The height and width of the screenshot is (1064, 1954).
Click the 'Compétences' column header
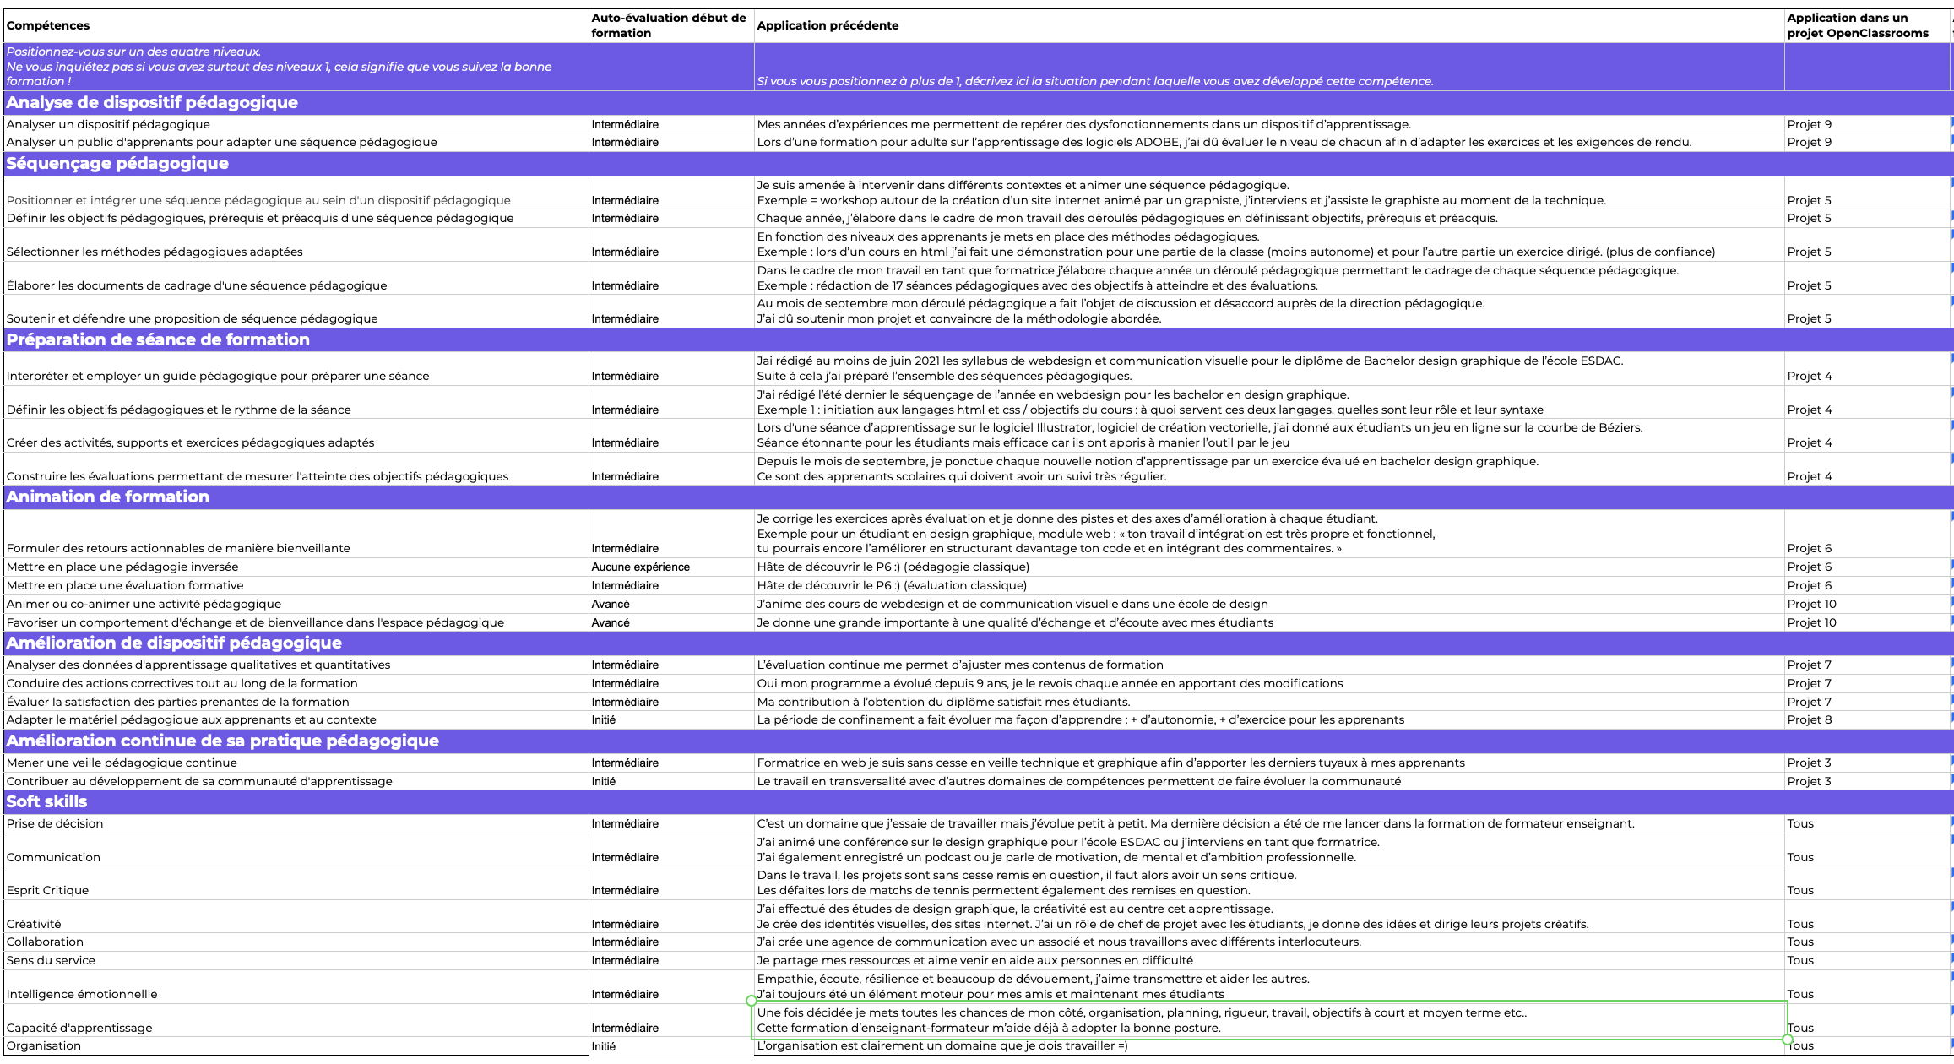click(48, 25)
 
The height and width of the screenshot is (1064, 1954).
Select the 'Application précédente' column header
click(828, 25)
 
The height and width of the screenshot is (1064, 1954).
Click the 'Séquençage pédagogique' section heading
click(117, 163)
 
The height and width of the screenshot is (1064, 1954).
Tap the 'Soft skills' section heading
click(47, 801)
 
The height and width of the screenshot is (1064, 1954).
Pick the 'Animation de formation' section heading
click(108, 497)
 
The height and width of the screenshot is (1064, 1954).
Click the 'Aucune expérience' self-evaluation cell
click(640, 567)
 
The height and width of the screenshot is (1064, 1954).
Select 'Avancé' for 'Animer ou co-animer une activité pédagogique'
click(611, 604)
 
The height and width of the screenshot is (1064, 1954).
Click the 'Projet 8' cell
click(1809, 719)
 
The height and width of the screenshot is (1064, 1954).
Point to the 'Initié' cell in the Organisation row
click(604, 1046)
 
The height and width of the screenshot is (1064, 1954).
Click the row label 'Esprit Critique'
click(47, 890)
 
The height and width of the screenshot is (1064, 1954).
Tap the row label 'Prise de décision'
click(55, 823)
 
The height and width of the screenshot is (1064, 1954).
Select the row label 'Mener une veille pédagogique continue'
click(122, 763)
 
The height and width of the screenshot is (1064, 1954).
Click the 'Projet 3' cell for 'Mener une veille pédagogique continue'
click(1809, 763)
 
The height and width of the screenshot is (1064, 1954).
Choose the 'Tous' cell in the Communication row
click(1800, 857)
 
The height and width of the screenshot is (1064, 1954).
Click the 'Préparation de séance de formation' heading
click(158, 339)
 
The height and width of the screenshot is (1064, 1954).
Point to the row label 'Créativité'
click(34, 924)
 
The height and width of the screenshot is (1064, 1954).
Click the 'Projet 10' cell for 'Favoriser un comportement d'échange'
click(1812, 622)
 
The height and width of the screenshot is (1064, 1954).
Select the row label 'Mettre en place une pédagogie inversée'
click(122, 567)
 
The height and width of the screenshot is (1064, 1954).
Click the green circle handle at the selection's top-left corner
click(752, 1001)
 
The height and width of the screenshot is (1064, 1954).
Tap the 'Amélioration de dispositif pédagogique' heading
click(174, 643)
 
